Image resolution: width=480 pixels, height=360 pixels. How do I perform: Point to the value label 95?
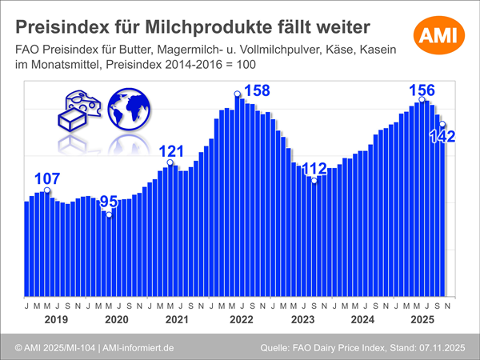(x=108, y=202)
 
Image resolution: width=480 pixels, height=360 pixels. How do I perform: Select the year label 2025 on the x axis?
(x=424, y=320)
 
